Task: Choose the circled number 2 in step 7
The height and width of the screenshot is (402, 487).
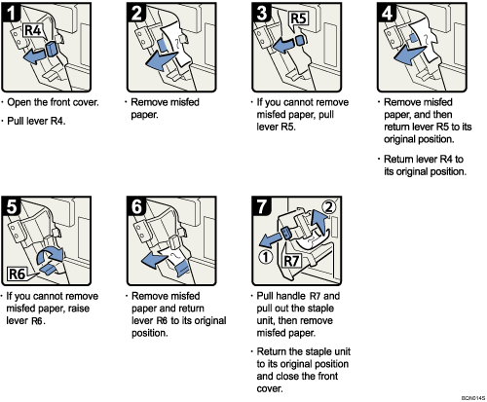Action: (x=328, y=207)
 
